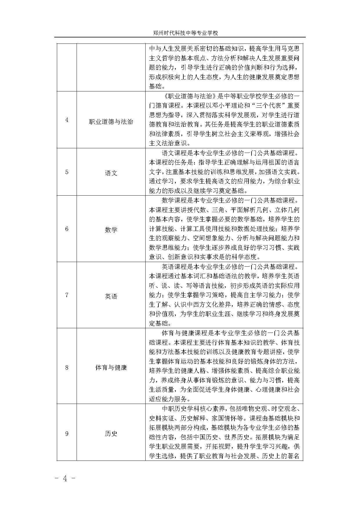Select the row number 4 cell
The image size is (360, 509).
[67, 120]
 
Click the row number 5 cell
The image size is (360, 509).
[67, 172]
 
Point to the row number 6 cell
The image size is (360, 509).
[67, 229]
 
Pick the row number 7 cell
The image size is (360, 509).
[67, 295]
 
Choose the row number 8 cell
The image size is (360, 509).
[67, 367]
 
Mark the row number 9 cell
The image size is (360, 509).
[67, 434]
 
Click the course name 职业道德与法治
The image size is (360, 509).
[111, 122]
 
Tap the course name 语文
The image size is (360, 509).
[111, 173]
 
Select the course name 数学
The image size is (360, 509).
[111, 230]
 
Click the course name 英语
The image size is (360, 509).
[111, 296]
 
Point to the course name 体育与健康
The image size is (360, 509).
[111, 368]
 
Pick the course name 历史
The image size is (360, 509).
[111, 434]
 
